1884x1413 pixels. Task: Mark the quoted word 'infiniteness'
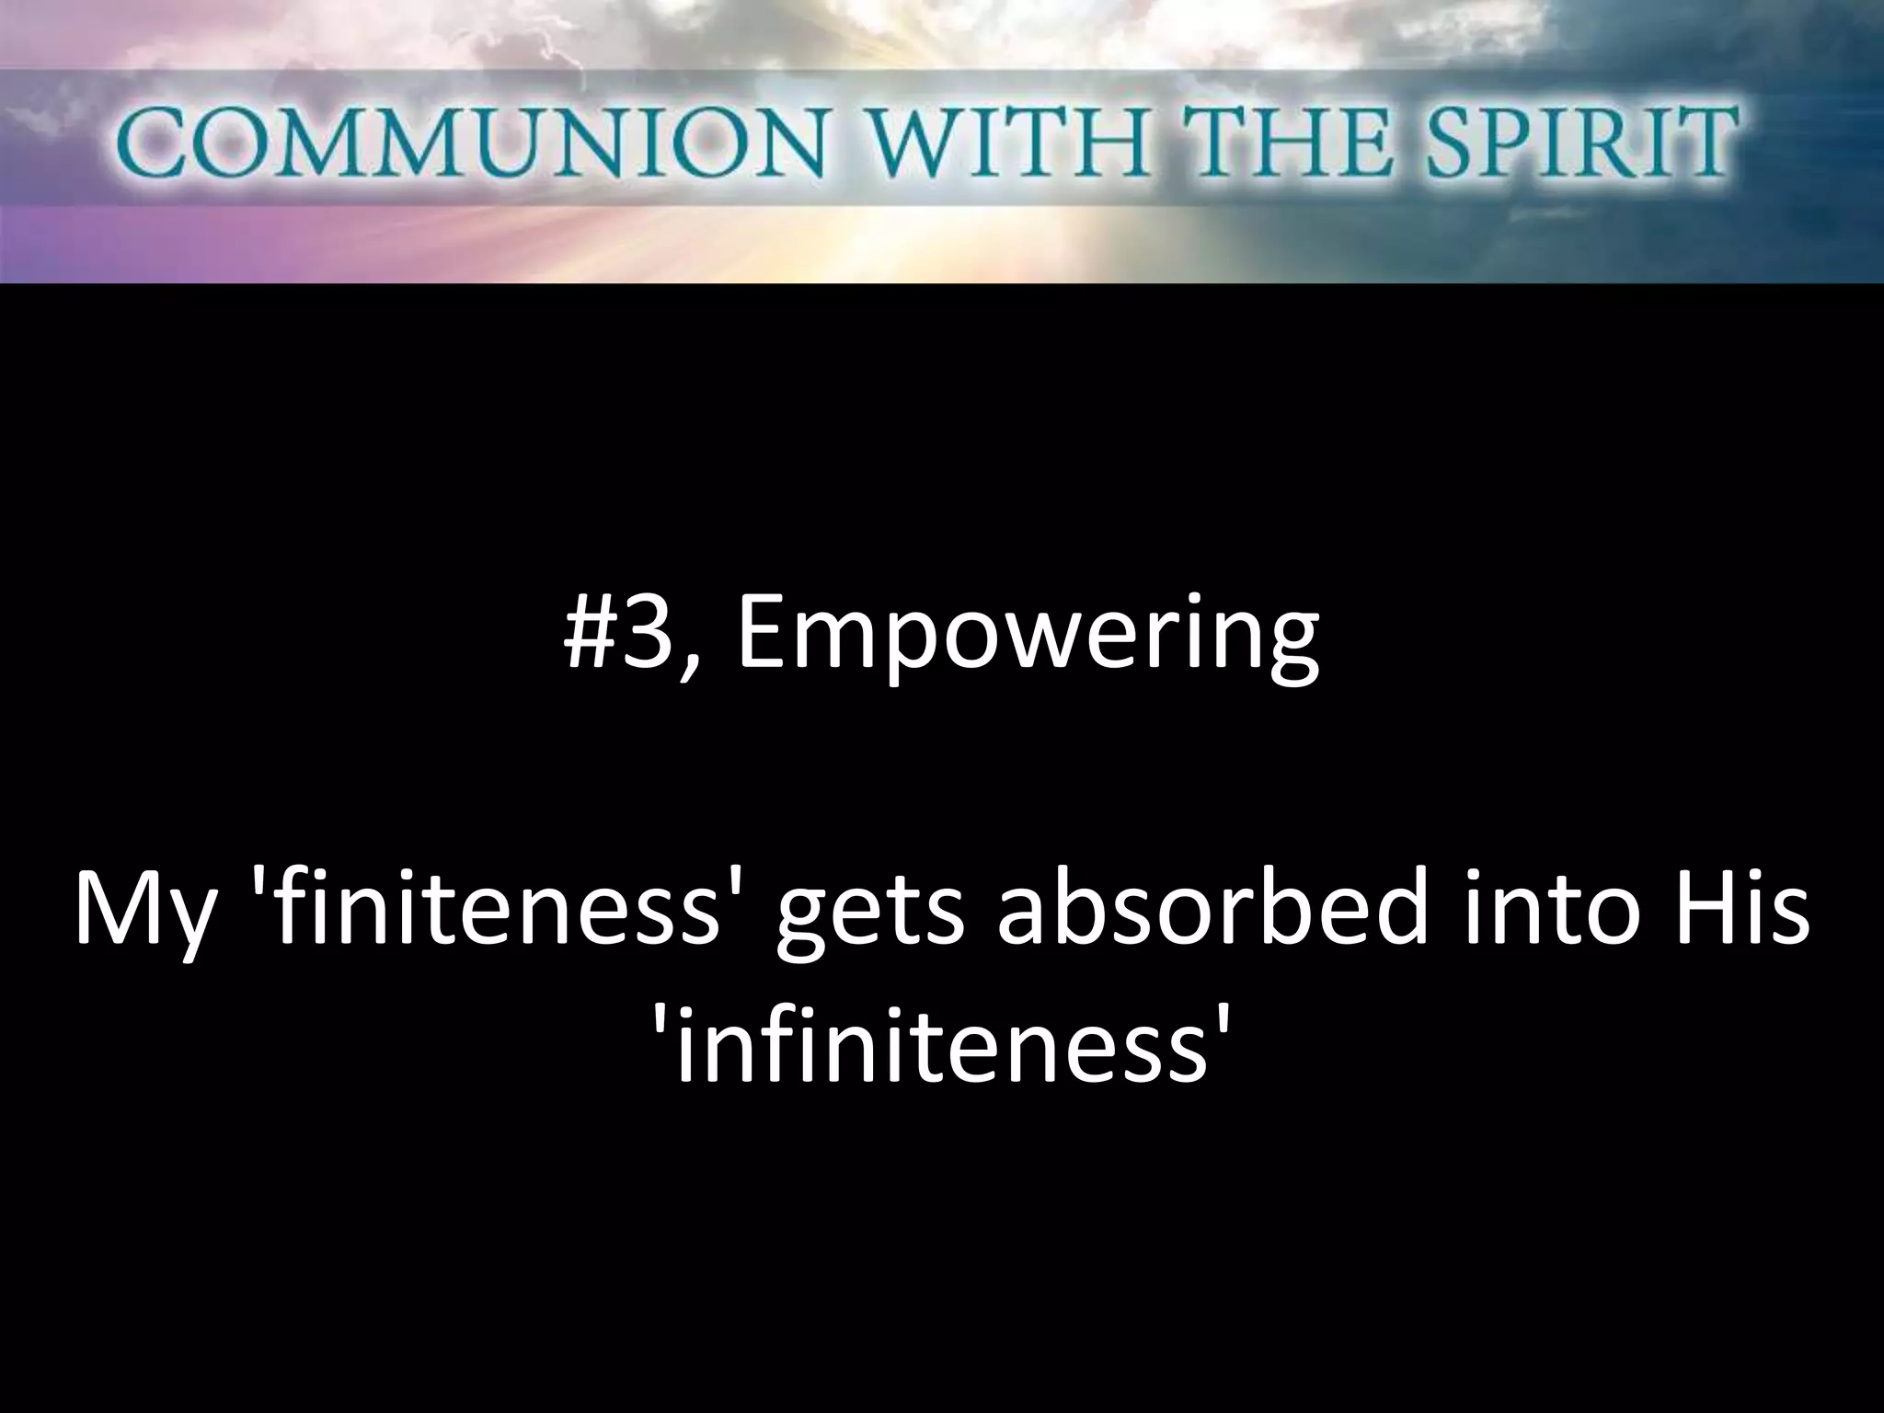[x=941, y=1048]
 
